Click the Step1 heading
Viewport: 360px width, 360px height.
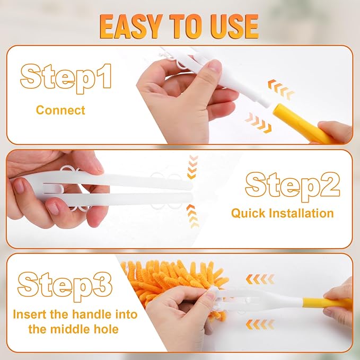point(66,77)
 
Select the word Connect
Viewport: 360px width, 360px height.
point(60,110)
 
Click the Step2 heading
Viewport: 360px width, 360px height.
point(292,185)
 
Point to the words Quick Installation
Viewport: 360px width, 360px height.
point(282,213)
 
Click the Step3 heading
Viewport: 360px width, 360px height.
point(65,285)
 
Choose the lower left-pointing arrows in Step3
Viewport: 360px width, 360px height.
point(260,323)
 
